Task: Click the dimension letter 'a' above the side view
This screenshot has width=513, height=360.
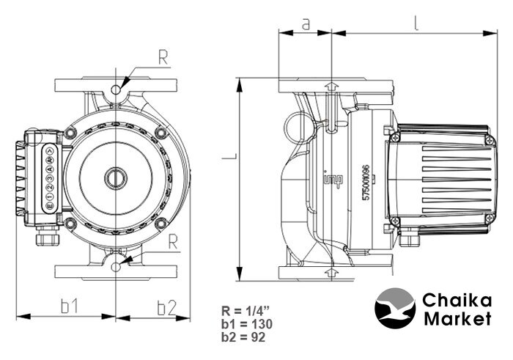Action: pos(306,23)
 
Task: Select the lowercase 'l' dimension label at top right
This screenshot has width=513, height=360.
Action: pos(416,22)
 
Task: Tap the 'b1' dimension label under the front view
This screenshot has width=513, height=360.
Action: pos(68,306)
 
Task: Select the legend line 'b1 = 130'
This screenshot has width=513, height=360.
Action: pos(243,323)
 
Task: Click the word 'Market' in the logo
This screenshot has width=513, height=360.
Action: pos(457,319)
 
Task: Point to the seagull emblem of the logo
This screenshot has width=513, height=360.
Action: pos(395,309)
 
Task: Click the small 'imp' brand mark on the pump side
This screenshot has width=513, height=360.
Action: pos(327,179)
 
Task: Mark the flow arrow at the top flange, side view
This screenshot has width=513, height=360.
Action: pos(331,87)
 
